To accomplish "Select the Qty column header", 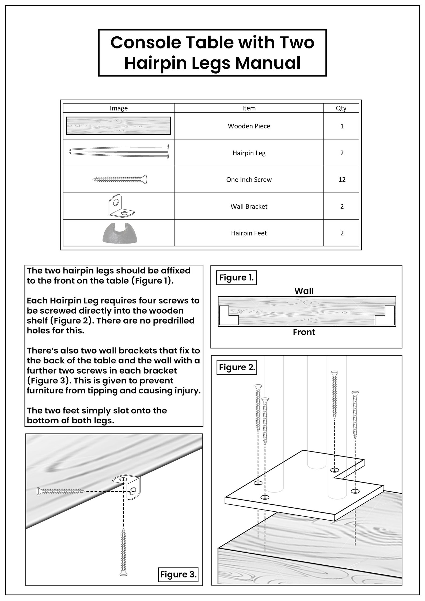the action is click(x=341, y=108).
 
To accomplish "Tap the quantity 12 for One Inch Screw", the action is click(x=342, y=180).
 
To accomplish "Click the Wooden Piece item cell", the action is click(x=249, y=126).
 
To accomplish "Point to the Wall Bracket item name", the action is click(x=249, y=206).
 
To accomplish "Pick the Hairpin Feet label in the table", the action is click(x=249, y=233).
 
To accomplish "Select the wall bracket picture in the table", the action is click(x=121, y=206).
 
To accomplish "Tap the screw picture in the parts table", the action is click(x=120, y=179).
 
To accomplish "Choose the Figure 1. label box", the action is click(x=236, y=277).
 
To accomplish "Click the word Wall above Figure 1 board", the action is click(x=304, y=291).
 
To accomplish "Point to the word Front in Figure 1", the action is click(x=304, y=332).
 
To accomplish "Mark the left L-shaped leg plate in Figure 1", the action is click(x=229, y=316).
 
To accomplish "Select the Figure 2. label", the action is click(x=236, y=367).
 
